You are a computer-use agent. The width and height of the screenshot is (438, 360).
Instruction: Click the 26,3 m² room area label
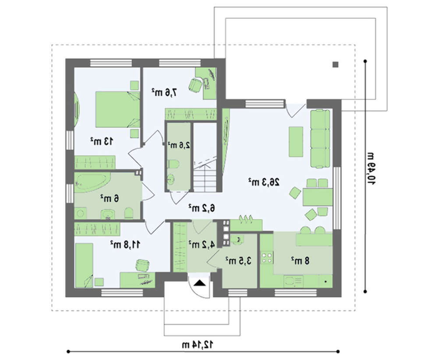point(264,182)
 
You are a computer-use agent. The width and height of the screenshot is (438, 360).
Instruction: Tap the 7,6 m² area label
point(165,92)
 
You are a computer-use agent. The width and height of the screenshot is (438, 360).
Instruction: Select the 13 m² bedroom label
point(102,141)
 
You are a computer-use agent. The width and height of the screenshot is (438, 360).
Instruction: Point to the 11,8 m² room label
point(125,244)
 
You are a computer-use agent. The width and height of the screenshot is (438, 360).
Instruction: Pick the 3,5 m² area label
point(239,261)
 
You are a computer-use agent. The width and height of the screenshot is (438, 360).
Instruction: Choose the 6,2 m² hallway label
point(201,208)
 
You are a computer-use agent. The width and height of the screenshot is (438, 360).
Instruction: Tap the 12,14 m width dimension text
point(198,345)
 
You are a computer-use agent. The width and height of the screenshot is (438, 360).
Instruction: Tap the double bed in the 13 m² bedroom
point(117,109)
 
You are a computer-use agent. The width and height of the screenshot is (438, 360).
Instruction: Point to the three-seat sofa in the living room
point(320,139)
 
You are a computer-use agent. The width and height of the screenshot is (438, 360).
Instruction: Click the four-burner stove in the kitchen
point(267,258)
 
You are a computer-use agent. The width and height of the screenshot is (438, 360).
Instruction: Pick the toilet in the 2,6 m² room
point(173,164)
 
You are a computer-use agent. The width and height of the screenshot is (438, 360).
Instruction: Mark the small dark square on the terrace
point(336,65)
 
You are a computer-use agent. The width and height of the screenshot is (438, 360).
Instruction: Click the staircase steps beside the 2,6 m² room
point(205,178)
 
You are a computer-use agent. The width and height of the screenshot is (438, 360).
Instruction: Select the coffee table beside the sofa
point(296,141)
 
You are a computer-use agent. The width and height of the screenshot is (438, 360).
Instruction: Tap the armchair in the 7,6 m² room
point(195,85)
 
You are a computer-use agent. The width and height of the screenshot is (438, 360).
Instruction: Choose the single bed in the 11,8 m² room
point(84,265)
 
